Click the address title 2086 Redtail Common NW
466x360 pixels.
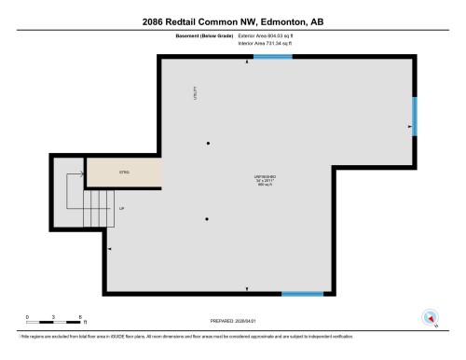click(232, 20)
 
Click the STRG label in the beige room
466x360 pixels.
click(123, 173)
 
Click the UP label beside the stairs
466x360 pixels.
click(121, 208)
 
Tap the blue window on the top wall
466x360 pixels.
click(272, 56)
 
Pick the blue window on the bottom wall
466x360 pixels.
click(302, 294)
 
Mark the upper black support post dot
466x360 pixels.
click(208, 143)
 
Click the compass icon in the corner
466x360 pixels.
click(431, 316)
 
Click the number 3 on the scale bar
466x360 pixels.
click(55, 317)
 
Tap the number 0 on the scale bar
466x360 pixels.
click(28, 317)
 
